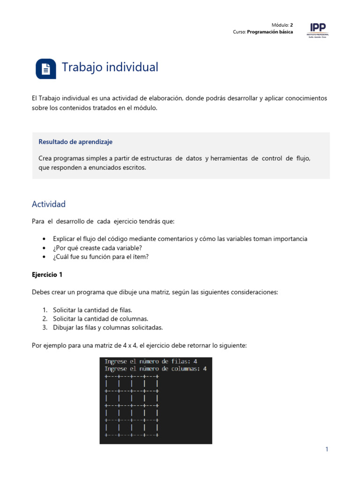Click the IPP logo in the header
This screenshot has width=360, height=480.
click(x=317, y=29)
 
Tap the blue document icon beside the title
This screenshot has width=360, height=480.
click(x=45, y=69)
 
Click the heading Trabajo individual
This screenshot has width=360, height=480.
click(x=110, y=67)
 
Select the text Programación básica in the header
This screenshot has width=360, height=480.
click(x=270, y=32)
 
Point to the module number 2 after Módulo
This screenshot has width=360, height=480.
click(x=291, y=25)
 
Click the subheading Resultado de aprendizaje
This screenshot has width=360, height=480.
click(x=75, y=142)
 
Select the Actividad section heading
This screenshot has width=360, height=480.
click(x=49, y=204)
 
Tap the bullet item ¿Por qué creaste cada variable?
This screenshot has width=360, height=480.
click(x=97, y=247)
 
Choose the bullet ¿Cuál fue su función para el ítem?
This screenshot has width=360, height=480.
click(x=101, y=256)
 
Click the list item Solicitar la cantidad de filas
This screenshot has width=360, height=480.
click(x=92, y=310)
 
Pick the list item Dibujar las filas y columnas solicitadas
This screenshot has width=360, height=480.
click(x=108, y=328)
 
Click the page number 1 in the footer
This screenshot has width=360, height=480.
click(x=327, y=450)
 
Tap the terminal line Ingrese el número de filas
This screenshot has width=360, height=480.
click(x=150, y=361)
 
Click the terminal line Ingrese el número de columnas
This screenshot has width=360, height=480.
click(x=155, y=369)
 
